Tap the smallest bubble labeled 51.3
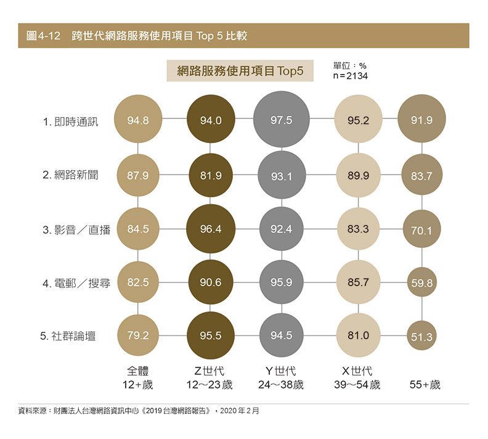(421, 337)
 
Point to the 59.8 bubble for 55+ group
(421, 284)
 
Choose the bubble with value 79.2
(138, 336)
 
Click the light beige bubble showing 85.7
(358, 283)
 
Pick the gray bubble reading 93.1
(281, 176)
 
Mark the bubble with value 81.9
(210, 176)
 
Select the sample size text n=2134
(350, 76)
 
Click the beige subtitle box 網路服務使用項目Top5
(240, 71)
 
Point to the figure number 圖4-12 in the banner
(43, 36)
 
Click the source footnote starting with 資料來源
(139, 410)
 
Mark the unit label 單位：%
(349, 65)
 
